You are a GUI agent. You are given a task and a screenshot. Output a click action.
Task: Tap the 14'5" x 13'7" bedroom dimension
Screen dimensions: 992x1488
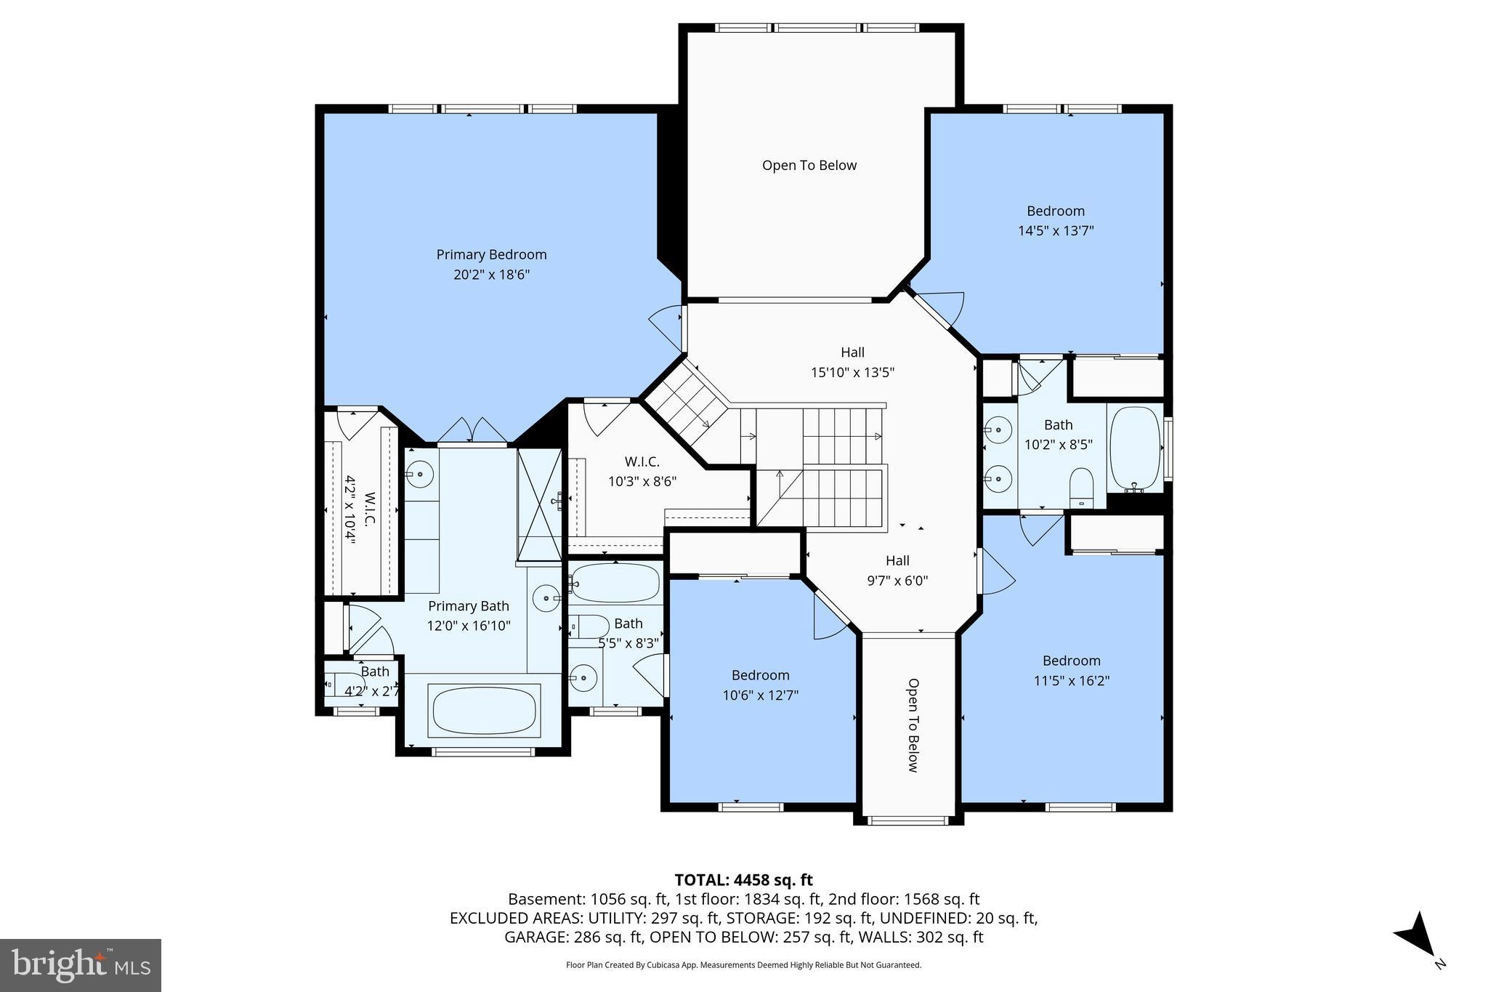pyautogui.click(x=1056, y=231)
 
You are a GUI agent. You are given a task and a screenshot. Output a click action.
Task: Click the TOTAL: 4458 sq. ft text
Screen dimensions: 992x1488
pyautogui.click(x=743, y=880)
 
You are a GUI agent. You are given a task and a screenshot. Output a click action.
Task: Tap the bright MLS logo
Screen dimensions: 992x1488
pyautogui.click(x=81, y=965)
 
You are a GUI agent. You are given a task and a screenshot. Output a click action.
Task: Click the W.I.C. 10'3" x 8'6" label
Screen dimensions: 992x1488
pyautogui.click(x=642, y=471)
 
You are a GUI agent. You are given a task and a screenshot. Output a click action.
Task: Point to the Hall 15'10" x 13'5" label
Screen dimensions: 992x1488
pyautogui.click(x=852, y=362)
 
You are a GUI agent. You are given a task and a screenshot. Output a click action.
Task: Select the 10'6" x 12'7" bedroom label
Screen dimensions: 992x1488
pyautogui.click(x=760, y=685)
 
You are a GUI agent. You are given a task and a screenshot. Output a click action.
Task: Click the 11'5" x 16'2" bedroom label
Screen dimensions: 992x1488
pyautogui.click(x=1071, y=671)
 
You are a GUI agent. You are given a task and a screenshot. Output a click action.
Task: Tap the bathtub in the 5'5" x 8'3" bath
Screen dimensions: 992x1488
pyautogui.click(x=615, y=583)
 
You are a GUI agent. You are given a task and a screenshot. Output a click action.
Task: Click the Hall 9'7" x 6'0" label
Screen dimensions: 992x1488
pyautogui.click(x=897, y=570)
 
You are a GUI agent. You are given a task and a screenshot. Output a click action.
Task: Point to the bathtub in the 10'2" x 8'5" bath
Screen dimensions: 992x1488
pyautogui.click(x=1135, y=448)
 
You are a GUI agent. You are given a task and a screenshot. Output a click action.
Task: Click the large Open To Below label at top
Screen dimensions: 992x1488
pyautogui.click(x=809, y=166)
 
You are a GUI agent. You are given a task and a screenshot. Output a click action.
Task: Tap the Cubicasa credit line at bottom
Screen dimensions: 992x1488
pyautogui.click(x=743, y=965)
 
